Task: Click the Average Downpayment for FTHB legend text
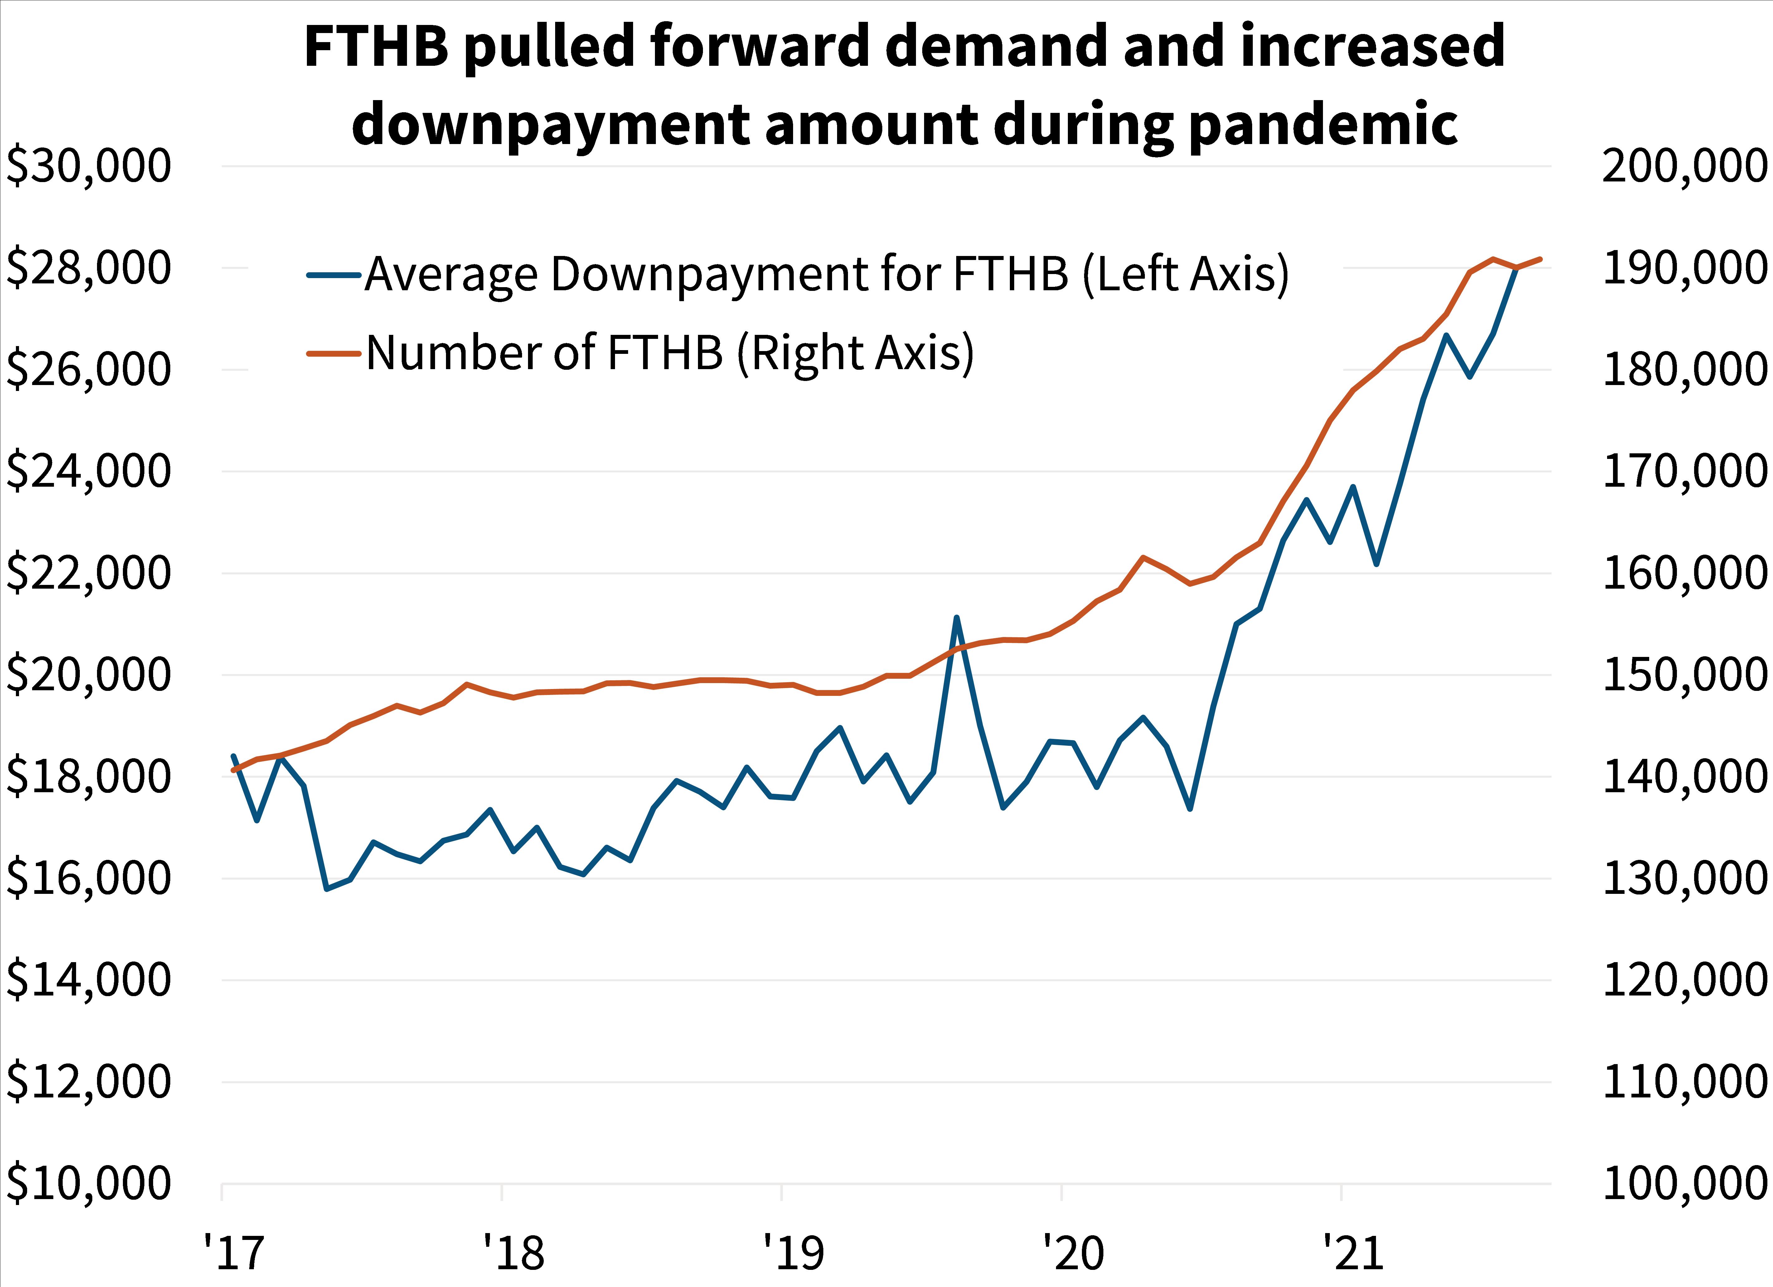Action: point(826,274)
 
